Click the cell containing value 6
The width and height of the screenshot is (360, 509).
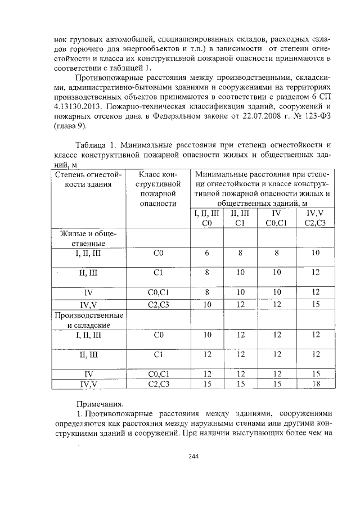(x=206, y=253)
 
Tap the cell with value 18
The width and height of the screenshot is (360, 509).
(x=315, y=384)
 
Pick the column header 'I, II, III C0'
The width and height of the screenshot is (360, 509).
(x=206, y=219)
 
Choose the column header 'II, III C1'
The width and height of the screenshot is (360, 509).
(x=240, y=219)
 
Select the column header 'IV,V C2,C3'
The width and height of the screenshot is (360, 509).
(x=315, y=219)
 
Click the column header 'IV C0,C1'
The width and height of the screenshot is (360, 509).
(x=276, y=219)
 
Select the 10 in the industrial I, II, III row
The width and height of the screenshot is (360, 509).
(x=206, y=335)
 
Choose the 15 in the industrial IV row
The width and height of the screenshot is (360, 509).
(x=315, y=373)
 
